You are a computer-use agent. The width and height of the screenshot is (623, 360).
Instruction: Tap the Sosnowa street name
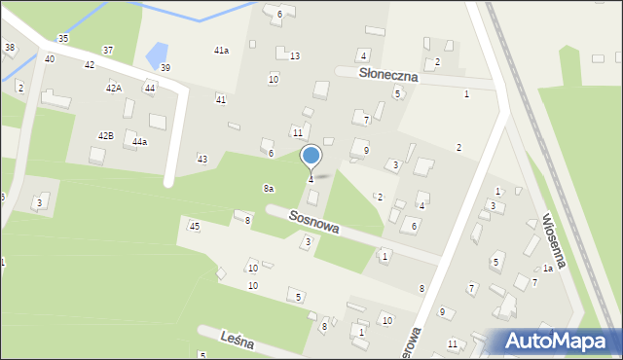[313, 223]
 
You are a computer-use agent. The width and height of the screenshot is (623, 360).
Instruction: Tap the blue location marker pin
[311, 157]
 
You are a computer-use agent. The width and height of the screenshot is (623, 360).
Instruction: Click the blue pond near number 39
[156, 54]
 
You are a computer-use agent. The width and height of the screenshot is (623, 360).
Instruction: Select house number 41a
[222, 50]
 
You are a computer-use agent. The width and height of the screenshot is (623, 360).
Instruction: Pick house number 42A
[114, 89]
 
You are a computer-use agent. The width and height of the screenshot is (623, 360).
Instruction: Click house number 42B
[105, 135]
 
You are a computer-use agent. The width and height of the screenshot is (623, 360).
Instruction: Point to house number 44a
[139, 142]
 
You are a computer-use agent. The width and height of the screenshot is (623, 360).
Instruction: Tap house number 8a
[268, 188]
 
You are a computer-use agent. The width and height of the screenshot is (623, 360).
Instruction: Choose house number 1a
[548, 268]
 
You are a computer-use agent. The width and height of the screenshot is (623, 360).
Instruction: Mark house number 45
[195, 226]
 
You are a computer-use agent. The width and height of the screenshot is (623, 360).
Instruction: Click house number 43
[202, 159]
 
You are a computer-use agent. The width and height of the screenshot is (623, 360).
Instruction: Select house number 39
[165, 67]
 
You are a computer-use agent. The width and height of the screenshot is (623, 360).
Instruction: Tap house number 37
[108, 50]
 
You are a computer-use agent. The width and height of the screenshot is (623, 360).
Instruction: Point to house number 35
[63, 38]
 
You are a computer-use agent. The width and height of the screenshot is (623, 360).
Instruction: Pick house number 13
[294, 56]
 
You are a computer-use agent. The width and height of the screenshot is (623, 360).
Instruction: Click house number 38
[10, 47]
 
